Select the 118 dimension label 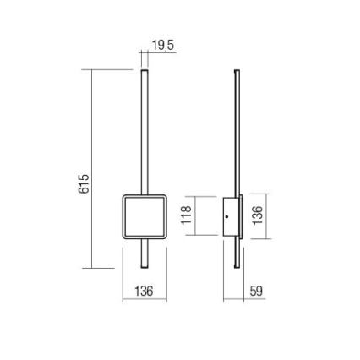click(187, 217)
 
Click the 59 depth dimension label click(257, 291)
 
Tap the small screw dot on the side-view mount click(226, 218)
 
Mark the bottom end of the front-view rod click(144, 267)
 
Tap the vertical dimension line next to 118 click(198, 217)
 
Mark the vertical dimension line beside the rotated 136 click(269, 217)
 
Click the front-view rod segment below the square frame click(144, 254)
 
